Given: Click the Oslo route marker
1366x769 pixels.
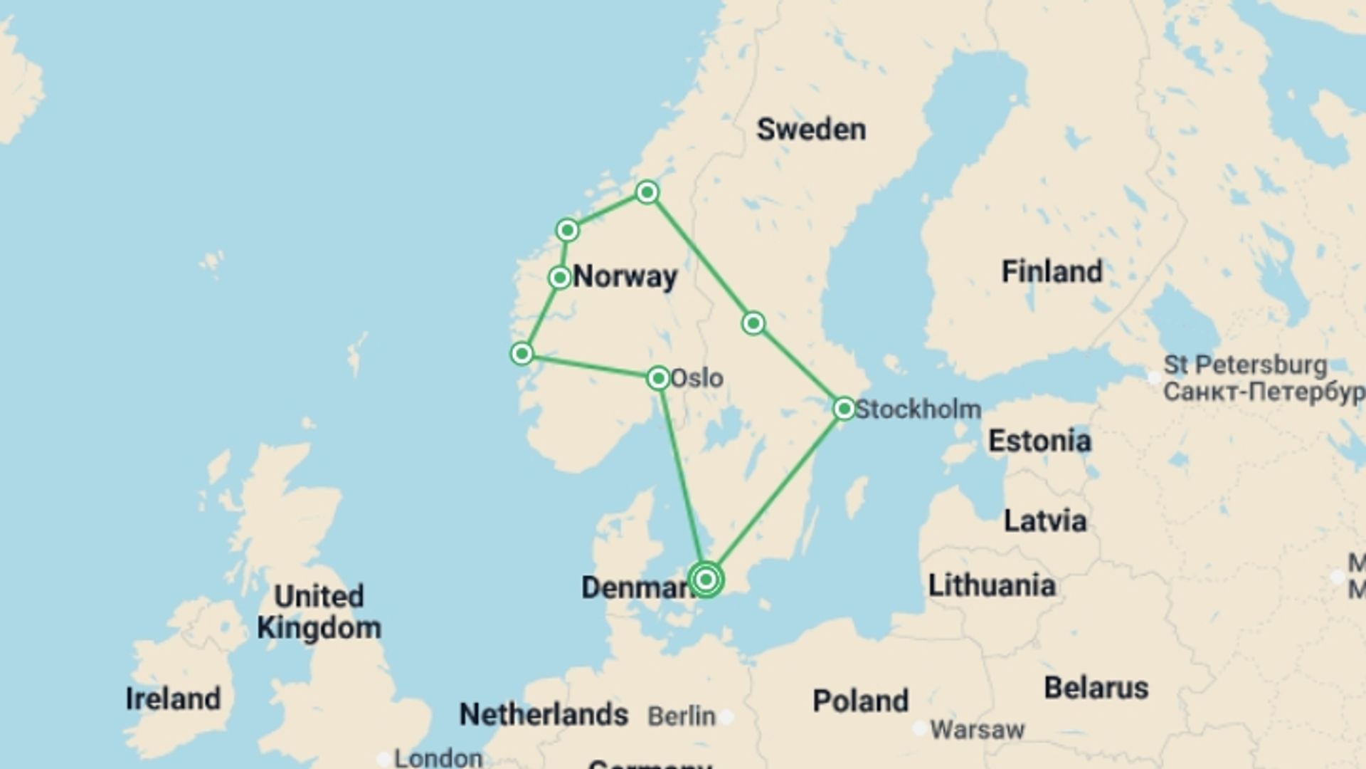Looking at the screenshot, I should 658,378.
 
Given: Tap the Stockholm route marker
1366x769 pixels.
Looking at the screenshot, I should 844,409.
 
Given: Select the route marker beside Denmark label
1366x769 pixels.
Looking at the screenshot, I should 706,580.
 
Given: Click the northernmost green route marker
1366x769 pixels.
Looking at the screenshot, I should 647,192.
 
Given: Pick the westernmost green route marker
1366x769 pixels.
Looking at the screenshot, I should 521,353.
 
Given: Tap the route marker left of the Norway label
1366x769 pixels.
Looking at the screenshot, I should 560,277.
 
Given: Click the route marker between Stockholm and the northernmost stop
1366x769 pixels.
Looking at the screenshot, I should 753,323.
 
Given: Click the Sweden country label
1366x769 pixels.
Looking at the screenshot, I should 811,130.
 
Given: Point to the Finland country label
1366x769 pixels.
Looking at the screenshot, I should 1052,271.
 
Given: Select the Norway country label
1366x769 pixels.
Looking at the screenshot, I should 625,276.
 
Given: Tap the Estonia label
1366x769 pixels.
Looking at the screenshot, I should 1039,441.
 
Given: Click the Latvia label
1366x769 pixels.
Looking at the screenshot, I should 1044,520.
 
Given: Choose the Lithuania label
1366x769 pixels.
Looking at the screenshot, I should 991,585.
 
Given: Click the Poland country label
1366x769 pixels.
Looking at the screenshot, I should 860,701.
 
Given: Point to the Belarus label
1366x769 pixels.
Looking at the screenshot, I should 1096,688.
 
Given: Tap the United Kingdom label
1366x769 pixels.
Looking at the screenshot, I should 319,612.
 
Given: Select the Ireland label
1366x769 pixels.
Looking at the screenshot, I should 173,699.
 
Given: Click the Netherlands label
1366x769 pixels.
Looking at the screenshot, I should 544,714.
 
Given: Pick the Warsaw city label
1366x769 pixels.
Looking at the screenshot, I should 977,729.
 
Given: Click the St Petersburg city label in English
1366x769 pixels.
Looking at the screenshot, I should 1244,365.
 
